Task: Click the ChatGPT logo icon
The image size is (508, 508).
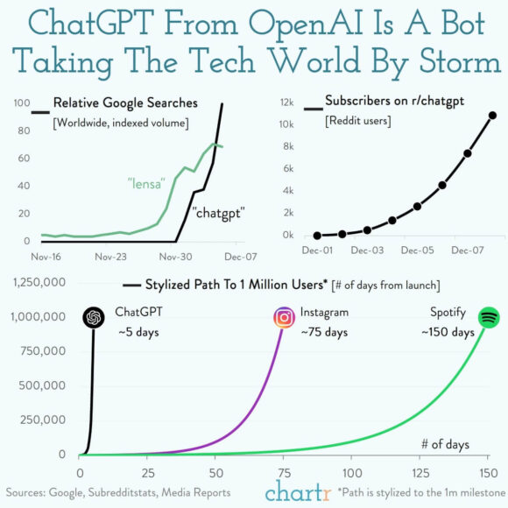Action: [x=93, y=317]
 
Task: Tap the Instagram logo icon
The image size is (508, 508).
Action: [x=284, y=317]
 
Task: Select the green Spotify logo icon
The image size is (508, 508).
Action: [x=489, y=317]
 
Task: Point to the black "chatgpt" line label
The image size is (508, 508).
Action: [x=217, y=213]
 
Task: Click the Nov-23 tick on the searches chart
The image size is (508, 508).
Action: [x=112, y=258]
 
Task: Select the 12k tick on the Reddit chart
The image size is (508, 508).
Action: [x=286, y=102]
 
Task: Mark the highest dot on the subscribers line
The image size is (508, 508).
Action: [x=493, y=116]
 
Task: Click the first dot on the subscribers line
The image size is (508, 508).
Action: [x=317, y=235]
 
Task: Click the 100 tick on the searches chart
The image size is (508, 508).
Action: [x=23, y=104]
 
